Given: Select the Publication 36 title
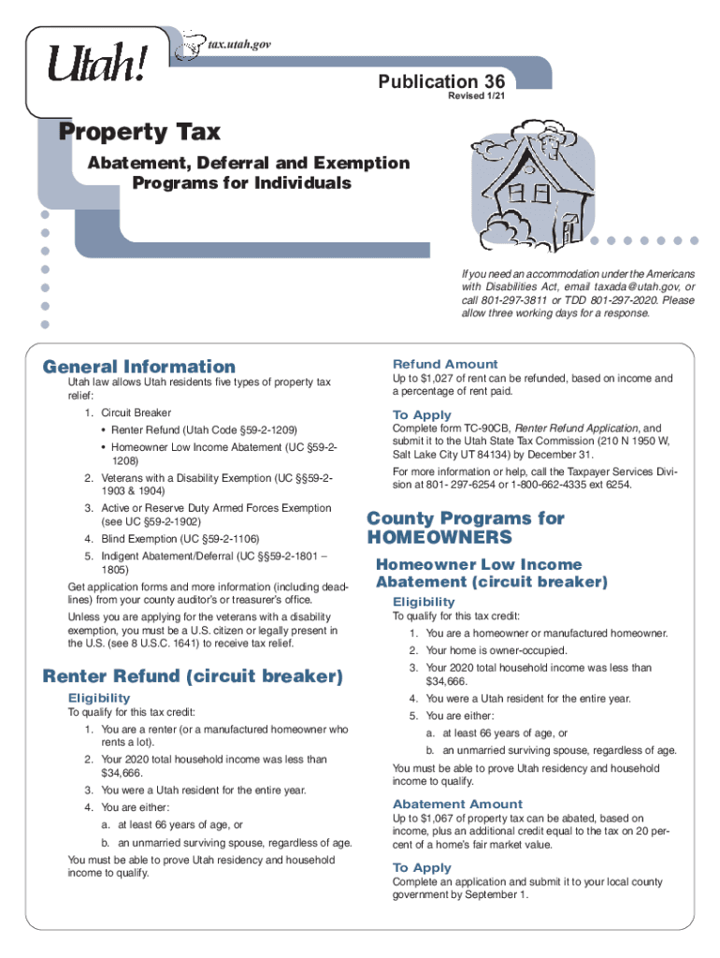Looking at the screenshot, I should (441, 82).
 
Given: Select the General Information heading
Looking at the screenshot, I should (139, 367).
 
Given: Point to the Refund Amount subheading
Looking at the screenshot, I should (445, 363).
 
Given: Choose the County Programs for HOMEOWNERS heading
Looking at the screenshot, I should (466, 528).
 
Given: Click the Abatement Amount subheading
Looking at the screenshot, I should (457, 804).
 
